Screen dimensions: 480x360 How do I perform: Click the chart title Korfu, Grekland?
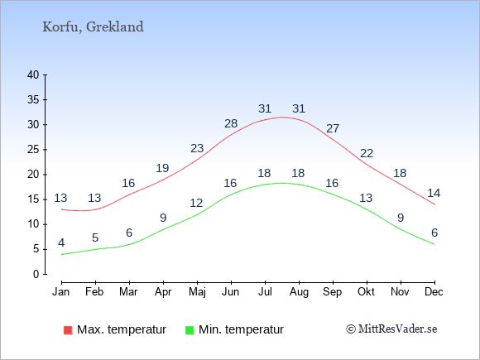point(93,27)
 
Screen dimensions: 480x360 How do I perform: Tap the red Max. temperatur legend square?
point(68,330)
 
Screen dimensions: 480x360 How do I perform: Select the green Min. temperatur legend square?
point(190,330)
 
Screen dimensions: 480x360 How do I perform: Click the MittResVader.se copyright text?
point(391,329)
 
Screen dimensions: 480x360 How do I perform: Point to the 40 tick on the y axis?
point(33,74)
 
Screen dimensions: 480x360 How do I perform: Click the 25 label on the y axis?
point(33,150)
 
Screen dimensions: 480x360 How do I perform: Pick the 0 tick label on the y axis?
point(36,274)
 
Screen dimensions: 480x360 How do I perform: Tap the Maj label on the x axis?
point(197,292)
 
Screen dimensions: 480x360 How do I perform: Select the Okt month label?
point(366,292)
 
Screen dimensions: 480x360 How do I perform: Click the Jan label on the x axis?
point(61,292)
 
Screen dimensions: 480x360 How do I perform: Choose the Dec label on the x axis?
point(434,292)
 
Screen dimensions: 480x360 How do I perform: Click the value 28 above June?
point(231,123)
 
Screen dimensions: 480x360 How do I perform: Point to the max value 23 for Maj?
point(197,148)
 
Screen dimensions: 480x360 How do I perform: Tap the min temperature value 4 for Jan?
point(61,243)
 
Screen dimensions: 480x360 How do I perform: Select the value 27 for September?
point(333,128)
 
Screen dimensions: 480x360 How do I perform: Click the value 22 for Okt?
point(367,153)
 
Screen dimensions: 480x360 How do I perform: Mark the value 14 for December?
point(434,193)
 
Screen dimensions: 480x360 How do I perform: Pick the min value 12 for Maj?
point(196,203)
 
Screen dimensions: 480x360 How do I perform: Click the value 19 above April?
point(162,168)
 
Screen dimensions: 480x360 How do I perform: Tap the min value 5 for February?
point(95,238)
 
